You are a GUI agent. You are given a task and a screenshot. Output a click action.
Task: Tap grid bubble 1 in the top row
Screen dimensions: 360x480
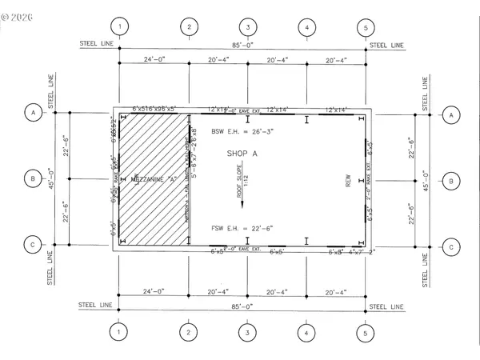119,27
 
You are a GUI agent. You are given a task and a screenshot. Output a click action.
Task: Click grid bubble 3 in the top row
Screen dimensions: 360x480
248,27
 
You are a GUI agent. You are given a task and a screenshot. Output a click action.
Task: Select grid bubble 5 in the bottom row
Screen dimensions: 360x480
366,332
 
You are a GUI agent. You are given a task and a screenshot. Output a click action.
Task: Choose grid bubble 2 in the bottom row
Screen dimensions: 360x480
189,332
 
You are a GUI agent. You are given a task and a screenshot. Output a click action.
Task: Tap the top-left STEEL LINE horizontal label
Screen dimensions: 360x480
97,44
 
